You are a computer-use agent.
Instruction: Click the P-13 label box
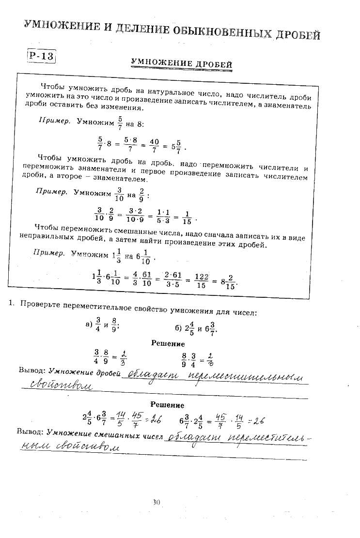(41, 56)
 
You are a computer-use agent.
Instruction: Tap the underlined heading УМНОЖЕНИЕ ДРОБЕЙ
(182, 64)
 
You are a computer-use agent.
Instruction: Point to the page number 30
(156, 502)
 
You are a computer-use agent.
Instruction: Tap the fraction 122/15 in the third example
(201, 281)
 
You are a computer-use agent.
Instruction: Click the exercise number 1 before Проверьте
(10, 303)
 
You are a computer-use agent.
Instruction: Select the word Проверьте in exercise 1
(41, 305)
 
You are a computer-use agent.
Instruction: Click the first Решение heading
(168, 343)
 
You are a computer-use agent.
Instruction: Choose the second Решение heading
(167, 404)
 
